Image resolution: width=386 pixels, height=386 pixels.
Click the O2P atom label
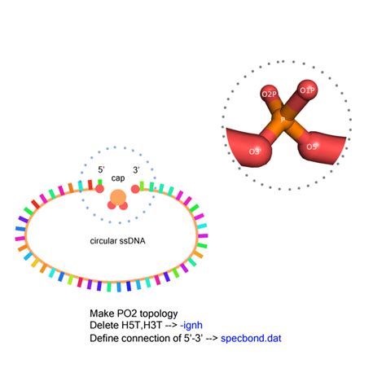[268, 94]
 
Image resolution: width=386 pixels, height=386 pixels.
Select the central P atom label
[283, 120]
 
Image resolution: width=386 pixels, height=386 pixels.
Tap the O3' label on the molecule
[255, 151]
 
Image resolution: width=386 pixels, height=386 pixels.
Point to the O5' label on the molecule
[312, 147]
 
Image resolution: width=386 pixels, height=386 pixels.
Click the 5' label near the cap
[101, 170]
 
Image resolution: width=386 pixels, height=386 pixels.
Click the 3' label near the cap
[135, 170]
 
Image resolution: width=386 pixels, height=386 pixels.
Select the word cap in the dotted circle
[118, 180]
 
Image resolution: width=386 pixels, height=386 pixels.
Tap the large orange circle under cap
[118, 197]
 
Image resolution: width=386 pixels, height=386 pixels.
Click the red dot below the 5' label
[99, 189]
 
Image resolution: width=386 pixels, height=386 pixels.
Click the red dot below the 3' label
[135, 189]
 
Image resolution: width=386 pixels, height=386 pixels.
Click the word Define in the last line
[105, 337]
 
